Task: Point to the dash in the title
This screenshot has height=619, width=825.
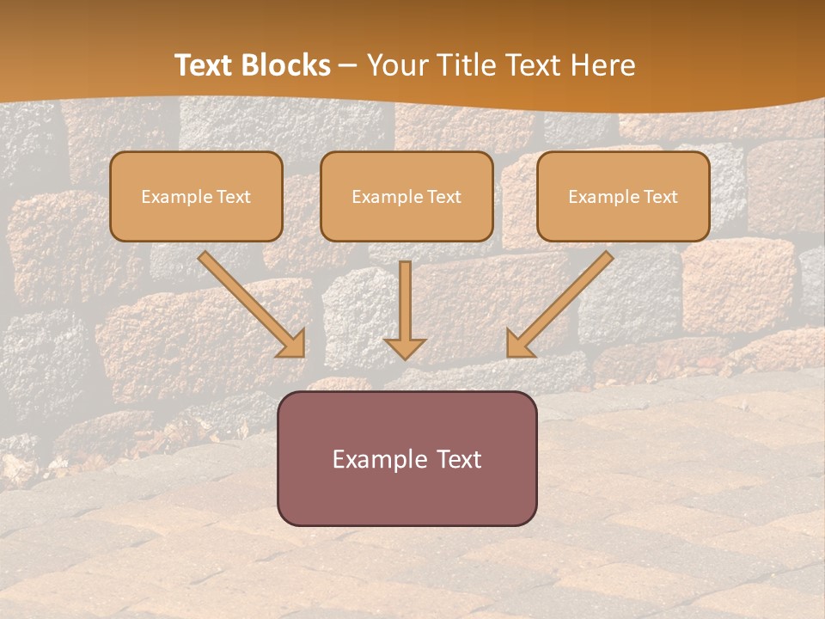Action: tap(348, 66)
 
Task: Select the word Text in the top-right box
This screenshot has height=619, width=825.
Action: tap(660, 197)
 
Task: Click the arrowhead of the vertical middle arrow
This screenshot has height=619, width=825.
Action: tap(406, 348)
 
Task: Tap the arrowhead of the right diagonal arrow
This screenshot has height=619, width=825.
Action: tap(518, 345)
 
